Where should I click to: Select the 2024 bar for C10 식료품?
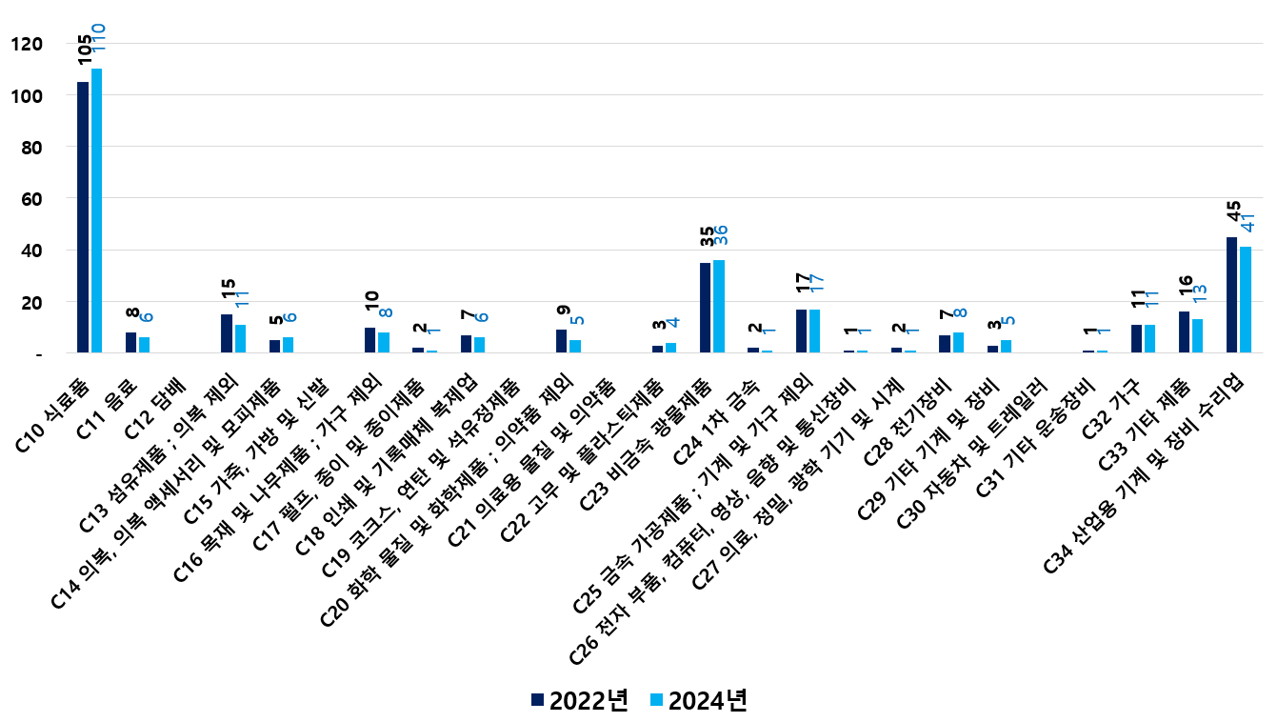point(96,211)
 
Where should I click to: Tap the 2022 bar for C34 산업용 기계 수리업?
point(1232,294)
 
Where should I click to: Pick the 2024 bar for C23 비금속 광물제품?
point(719,306)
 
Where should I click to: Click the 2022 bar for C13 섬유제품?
point(227,333)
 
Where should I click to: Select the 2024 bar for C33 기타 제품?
point(1198,336)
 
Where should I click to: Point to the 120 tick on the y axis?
point(27,44)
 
